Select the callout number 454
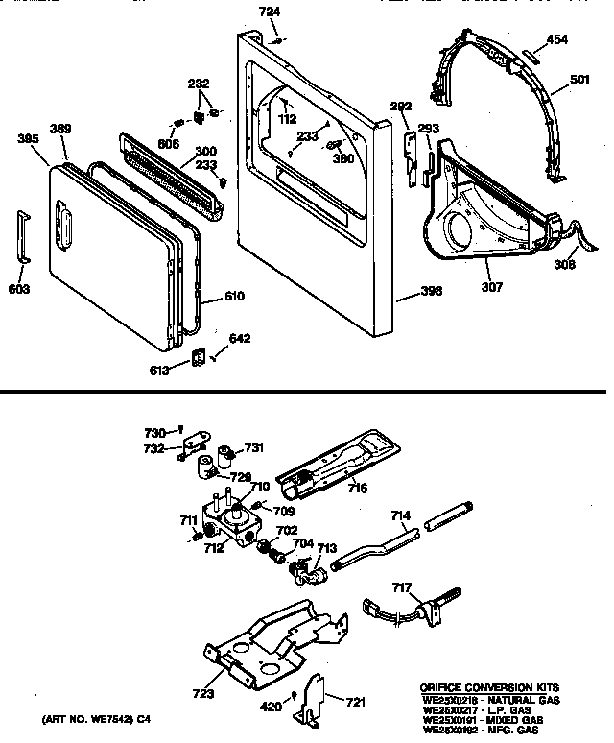click(x=558, y=40)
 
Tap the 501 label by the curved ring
click(x=579, y=79)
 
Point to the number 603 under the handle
click(x=20, y=290)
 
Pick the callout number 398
click(x=431, y=292)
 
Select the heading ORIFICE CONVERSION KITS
click(x=487, y=688)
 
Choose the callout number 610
click(x=234, y=298)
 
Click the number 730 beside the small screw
click(x=154, y=432)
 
